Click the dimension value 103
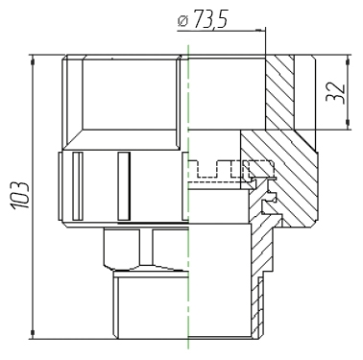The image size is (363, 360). [x=21, y=196]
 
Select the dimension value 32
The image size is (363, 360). [x=335, y=93]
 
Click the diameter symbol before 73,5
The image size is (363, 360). [x=183, y=21]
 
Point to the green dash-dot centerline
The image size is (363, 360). [x=188, y=197]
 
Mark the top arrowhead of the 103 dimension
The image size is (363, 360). [x=32, y=60]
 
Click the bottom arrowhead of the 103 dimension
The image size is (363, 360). [x=32, y=333]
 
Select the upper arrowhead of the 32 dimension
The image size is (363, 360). [x=348, y=60]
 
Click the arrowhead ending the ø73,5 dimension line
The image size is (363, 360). [x=260, y=30]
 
